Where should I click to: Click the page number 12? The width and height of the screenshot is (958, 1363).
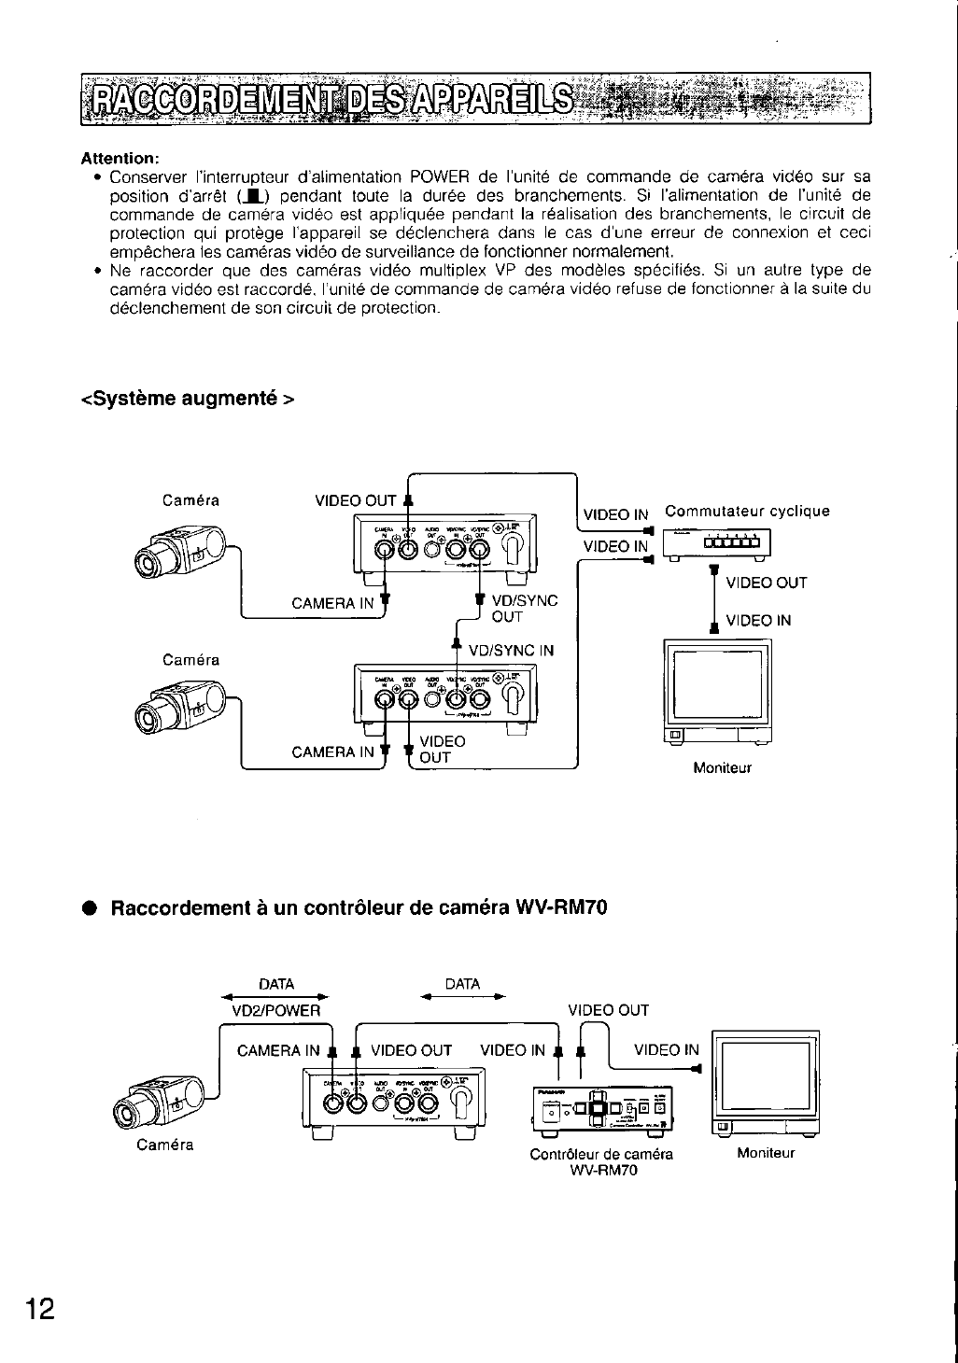point(40,1308)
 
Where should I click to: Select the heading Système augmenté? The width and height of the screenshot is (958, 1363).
point(188,399)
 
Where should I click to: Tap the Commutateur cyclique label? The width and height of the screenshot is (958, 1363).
point(747,512)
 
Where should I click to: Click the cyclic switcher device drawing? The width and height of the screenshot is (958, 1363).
point(715,544)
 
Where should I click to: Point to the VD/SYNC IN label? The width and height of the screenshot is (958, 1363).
point(511,650)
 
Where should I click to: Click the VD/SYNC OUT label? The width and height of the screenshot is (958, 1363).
point(524,609)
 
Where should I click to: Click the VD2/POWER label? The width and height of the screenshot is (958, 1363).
point(275,1010)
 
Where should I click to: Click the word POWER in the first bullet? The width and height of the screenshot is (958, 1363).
point(438,177)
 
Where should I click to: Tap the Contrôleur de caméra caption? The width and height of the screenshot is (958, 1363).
point(601,1154)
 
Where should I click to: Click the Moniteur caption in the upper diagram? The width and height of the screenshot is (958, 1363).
point(722,768)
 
